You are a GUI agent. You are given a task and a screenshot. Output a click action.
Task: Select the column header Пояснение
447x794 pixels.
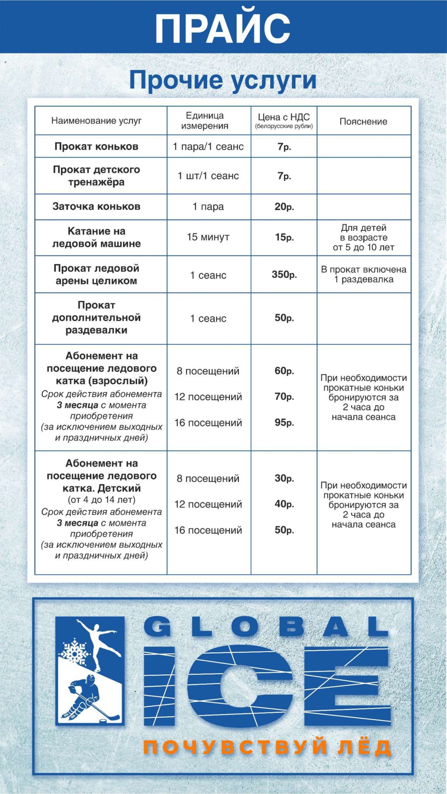point(363,121)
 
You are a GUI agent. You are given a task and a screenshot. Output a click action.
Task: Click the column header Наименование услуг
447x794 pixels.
point(96,121)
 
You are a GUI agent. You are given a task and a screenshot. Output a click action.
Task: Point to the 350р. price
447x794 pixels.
point(284,274)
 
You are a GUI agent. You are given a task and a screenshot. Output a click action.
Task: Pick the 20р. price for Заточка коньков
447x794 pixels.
point(284,207)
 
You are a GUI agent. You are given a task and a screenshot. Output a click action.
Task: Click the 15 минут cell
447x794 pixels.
point(208,237)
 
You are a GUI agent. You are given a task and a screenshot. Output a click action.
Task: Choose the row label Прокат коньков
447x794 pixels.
point(96,146)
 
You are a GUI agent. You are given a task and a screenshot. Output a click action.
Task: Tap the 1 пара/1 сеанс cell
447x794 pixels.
point(208,146)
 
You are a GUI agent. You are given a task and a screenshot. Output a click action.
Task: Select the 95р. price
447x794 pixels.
point(284,422)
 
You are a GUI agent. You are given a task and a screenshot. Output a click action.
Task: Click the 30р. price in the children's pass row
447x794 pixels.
point(284,478)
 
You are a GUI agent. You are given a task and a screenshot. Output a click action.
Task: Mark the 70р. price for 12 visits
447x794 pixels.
point(284,396)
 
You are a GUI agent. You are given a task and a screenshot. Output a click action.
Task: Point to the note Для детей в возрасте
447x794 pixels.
point(363,238)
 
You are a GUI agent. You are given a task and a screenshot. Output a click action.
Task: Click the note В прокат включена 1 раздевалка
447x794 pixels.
point(363,274)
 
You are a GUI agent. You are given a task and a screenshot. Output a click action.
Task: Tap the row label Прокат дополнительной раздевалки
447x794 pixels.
point(96,318)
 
